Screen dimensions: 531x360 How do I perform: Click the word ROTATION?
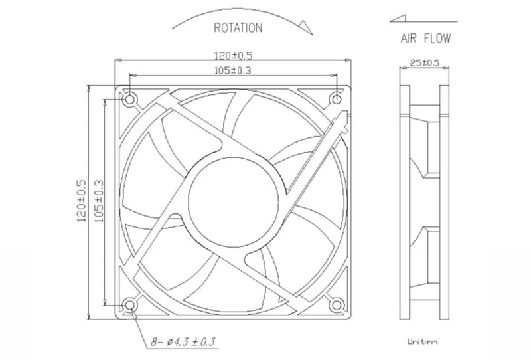click(x=238, y=27)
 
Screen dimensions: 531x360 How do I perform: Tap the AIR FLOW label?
click(x=425, y=38)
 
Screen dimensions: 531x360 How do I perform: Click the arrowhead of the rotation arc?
click(x=305, y=27)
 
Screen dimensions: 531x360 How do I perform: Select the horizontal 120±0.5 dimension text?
click(x=234, y=55)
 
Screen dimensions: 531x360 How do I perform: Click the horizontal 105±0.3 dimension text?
click(x=233, y=70)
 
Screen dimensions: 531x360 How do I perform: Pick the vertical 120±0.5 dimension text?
click(x=82, y=201)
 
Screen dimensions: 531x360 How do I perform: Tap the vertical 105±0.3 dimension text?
click(x=98, y=201)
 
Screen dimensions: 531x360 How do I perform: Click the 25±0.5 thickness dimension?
click(x=424, y=62)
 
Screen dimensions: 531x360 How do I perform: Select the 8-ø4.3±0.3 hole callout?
click(x=183, y=341)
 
